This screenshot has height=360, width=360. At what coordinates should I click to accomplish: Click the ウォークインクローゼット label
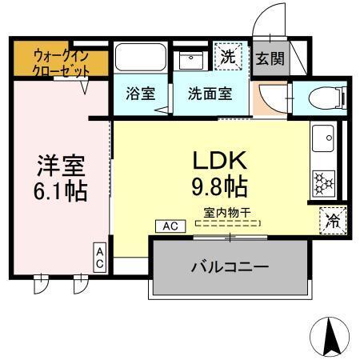click(60, 62)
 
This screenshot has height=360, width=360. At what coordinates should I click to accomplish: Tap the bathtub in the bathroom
click(140, 58)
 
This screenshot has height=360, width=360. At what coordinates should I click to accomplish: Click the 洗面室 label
click(210, 92)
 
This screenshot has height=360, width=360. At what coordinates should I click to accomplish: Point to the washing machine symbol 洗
click(230, 58)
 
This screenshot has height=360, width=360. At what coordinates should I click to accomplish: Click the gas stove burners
click(323, 182)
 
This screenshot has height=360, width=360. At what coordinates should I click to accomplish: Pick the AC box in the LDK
click(170, 226)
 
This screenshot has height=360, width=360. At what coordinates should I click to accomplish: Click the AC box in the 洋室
click(101, 258)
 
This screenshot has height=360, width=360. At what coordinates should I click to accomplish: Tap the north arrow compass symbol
click(330, 337)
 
